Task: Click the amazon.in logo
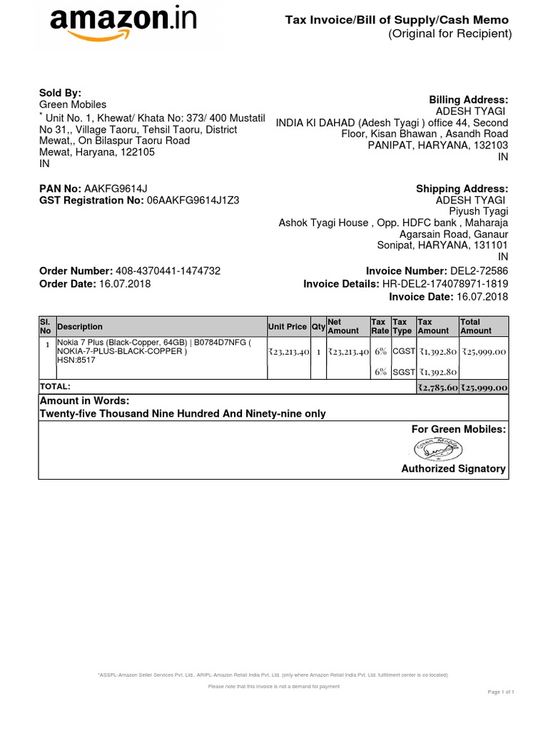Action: [x=123, y=24]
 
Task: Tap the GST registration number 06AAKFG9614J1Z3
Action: [x=193, y=201]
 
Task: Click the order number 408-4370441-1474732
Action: [x=168, y=271]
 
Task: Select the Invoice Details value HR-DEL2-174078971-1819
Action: [x=445, y=284]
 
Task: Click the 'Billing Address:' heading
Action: [x=468, y=100]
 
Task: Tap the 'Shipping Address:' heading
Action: [x=462, y=188]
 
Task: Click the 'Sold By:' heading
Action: [x=60, y=93]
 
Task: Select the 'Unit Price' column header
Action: [x=287, y=327]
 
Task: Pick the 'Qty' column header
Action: [x=318, y=327]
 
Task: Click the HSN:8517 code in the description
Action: [x=76, y=361]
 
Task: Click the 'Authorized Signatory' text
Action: [x=453, y=469]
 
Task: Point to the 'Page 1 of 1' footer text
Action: [x=501, y=692]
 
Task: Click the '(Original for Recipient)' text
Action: [x=450, y=34]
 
